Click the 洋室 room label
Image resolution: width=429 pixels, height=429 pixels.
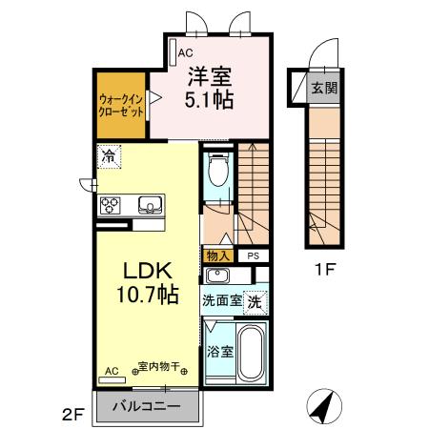(x=211, y=77)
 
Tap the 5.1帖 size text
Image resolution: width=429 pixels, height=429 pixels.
(x=211, y=99)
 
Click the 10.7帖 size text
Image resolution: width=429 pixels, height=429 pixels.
(x=140, y=295)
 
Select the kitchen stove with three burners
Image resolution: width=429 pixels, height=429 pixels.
(x=110, y=205)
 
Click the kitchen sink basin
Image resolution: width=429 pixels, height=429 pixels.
(x=151, y=204)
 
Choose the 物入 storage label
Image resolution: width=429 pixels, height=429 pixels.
(x=216, y=255)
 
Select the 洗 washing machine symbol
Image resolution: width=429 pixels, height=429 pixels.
(x=255, y=301)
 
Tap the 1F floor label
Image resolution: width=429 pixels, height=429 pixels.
(x=325, y=270)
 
